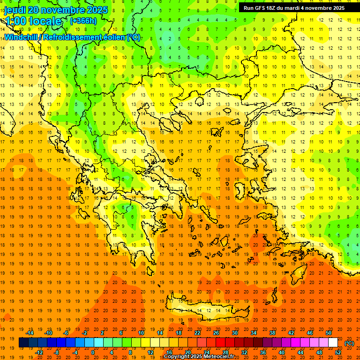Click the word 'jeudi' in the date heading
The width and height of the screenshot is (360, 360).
pos(15,10)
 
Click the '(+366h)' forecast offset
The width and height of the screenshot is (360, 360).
pos(83,21)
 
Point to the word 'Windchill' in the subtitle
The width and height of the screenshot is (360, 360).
pos(22,37)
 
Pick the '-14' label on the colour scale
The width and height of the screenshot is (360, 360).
pos(30,333)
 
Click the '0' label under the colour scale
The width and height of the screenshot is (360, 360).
pos(92,352)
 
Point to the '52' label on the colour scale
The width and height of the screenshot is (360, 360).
pos(338,352)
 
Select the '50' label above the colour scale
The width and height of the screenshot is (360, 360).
pos(329,333)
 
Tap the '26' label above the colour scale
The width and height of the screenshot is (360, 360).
pos(216,333)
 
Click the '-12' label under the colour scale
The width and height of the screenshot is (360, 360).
pos(39,352)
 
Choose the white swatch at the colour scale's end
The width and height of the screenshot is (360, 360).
pos(333,343)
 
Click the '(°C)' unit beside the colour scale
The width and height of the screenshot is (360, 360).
pos(349,343)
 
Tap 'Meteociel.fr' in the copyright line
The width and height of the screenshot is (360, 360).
pos(218,357)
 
